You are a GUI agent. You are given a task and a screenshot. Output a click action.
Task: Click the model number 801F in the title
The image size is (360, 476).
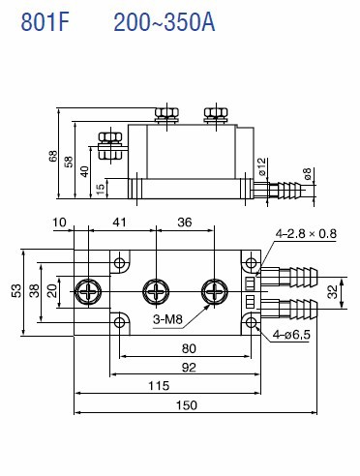click(x=45, y=22)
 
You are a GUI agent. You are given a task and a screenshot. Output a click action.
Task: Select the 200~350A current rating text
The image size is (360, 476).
click(x=165, y=22)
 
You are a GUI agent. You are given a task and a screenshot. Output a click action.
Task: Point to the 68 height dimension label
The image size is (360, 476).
click(x=53, y=156)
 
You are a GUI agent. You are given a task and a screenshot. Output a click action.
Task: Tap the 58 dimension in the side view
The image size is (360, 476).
click(x=69, y=162)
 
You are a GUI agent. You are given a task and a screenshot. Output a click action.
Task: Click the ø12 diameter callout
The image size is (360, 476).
click(x=262, y=166)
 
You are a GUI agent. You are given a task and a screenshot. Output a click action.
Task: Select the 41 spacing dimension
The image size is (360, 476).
click(x=119, y=222)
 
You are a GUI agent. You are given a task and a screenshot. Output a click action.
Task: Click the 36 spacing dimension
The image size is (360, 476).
click(x=184, y=222)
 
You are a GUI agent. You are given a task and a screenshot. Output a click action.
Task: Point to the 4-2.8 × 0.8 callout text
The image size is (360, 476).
click(x=306, y=233)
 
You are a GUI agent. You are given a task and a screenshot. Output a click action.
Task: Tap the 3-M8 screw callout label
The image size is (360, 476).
click(x=167, y=319)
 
